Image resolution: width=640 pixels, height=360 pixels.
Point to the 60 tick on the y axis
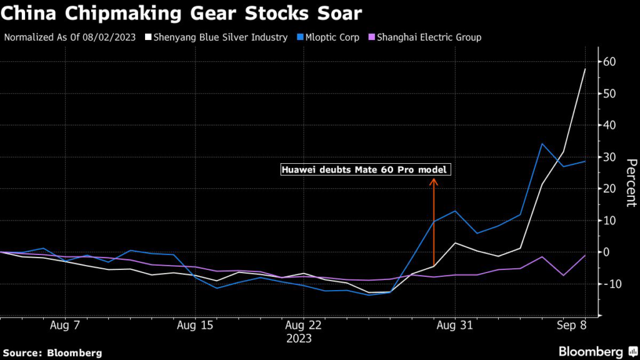[x=610, y=62]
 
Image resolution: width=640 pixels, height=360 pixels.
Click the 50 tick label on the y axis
[x=610, y=94]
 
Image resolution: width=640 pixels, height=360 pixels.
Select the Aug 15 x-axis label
[x=196, y=326]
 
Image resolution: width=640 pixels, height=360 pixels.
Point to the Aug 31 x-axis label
[x=455, y=326]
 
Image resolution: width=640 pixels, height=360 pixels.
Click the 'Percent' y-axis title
[x=631, y=182]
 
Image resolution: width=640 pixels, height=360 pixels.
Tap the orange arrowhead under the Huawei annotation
[x=432, y=182]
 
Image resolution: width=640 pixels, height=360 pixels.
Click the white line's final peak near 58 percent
[x=585, y=69]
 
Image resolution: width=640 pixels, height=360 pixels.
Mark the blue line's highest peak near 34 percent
[x=542, y=144]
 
